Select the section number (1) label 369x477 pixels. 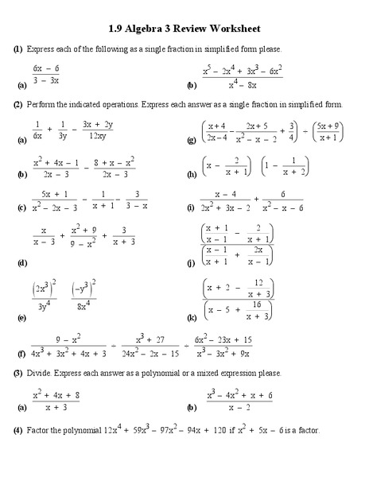pos(17,49)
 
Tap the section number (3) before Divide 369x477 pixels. pos(17,373)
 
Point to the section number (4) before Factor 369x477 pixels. pos(17,430)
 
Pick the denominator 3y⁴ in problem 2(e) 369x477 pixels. pos(42,303)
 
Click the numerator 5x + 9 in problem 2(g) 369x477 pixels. pos(326,125)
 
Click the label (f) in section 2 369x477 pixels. pos(20,351)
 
